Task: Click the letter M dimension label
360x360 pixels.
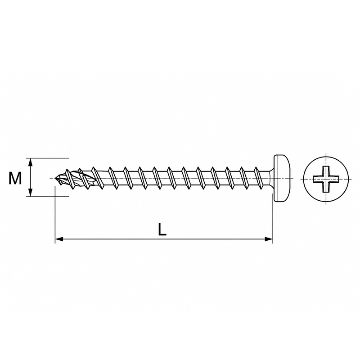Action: pos(15,178)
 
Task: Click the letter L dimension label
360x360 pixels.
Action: pos(162,229)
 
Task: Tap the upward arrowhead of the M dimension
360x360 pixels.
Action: pos(31,162)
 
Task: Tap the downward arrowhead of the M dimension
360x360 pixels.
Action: pos(31,193)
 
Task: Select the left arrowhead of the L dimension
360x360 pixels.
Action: pos(59,239)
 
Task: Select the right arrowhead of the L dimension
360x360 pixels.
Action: pos(269,239)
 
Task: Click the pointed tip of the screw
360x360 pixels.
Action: pos(56,178)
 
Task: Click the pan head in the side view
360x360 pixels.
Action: pos(282,178)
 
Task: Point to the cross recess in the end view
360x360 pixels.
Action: pos(326,179)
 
